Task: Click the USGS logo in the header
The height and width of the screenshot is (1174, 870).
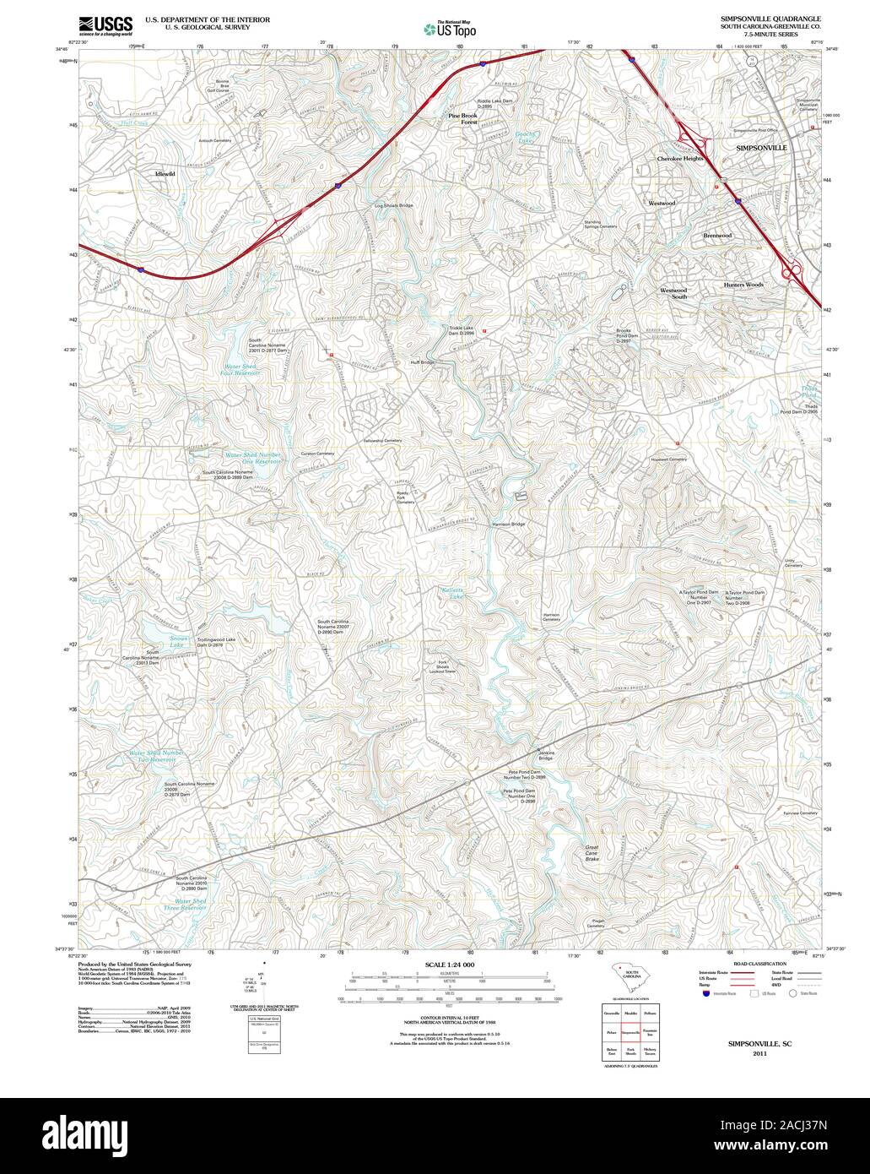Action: pyautogui.click(x=105, y=24)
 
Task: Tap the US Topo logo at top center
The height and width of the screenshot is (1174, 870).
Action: pyautogui.click(x=450, y=29)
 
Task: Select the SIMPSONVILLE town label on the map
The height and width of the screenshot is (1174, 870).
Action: pyautogui.click(x=761, y=148)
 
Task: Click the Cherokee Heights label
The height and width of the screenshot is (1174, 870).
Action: pyautogui.click(x=680, y=158)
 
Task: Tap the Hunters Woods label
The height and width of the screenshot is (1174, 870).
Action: pyautogui.click(x=743, y=285)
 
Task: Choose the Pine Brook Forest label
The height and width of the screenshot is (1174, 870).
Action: pyautogui.click(x=462, y=118)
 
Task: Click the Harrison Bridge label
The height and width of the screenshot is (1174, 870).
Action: pyautogui.click(x=509, y=524)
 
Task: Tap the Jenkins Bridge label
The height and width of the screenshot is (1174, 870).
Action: pyautogui.click(x=545, y=755)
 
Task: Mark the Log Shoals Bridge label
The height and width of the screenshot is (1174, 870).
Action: pyautogui.click(x=394, y=205)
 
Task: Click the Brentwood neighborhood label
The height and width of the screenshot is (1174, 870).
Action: pyautogui.click(x=717, y=236)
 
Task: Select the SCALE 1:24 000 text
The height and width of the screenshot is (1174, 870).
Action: pyautogui.click(x=450, y=965)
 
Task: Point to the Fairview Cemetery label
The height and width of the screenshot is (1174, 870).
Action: pyautogui.click(x=800, y=813)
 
